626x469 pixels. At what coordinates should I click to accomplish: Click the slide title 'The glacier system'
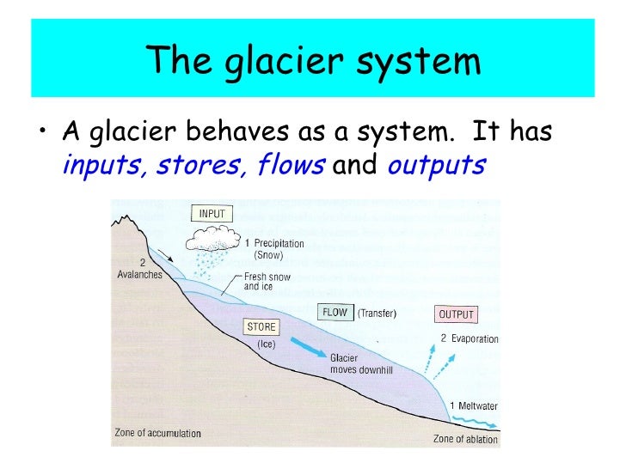pos(312,60)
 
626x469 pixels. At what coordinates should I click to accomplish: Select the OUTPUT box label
pos(457,314)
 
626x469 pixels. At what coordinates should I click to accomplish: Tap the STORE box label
pos(261,327)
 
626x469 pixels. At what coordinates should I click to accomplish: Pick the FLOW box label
pos(334,313)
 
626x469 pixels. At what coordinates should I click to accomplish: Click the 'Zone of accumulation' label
pos(157,433)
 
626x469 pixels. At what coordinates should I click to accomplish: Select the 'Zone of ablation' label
pos(465,439)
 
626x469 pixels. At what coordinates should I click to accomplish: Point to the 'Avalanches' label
pos(138,276)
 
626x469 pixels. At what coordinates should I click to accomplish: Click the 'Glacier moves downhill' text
pos(361,362)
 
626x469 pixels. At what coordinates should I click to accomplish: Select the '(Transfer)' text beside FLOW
pos(377,314)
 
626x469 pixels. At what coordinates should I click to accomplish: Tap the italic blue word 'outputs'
pos(436,165)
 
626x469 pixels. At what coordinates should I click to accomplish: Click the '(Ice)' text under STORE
pos(266,344)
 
